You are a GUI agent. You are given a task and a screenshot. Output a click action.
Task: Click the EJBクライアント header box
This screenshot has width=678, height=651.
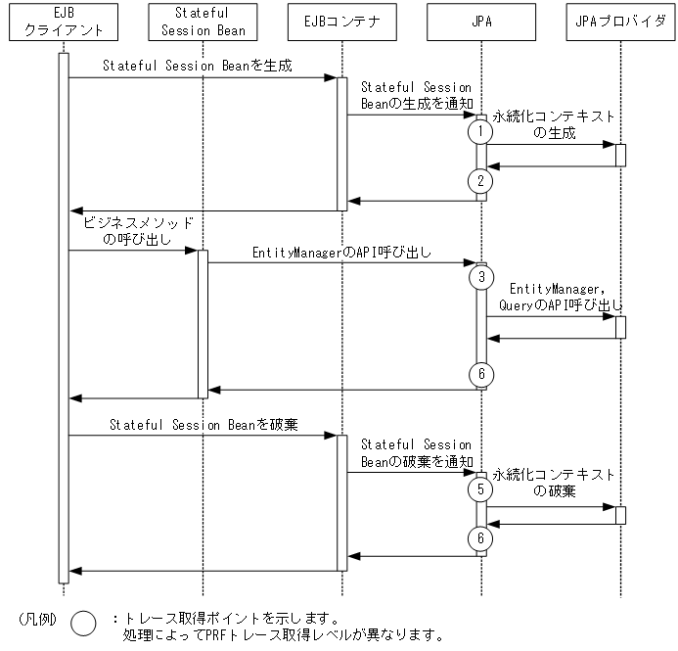click(63, 23)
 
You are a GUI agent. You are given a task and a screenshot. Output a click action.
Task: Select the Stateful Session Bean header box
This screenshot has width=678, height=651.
click(203, 23)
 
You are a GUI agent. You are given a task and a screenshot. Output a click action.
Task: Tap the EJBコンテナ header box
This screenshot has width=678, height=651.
click(341, 23)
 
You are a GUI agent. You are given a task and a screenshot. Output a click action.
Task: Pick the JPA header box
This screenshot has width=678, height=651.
click(481, 23)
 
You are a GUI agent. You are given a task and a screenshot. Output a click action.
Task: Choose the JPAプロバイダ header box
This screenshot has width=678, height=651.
click(620, 23)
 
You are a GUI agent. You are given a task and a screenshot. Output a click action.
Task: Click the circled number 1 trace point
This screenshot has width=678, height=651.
click(480, 130)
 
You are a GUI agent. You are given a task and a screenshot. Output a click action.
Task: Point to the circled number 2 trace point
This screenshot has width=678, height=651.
click(480, 181)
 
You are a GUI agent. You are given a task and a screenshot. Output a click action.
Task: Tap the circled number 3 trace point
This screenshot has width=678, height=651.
click(480, 277)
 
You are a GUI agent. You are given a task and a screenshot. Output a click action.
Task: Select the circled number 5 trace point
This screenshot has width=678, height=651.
click(480, 488)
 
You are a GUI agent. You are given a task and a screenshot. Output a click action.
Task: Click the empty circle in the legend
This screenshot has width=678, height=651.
click(85, 624)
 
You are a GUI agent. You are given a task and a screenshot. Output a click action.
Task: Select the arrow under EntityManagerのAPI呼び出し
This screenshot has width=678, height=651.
click(341, 262)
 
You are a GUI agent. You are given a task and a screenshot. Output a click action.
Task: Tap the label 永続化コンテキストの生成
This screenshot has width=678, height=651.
click(554, 123)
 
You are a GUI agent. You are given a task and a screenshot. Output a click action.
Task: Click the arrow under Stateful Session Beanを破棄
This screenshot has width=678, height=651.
click(203, 437)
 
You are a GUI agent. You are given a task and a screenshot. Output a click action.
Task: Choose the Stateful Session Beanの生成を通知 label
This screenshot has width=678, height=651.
click(416, 96)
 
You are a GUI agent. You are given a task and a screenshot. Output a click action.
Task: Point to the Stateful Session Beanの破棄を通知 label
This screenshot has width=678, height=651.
click(416, 453)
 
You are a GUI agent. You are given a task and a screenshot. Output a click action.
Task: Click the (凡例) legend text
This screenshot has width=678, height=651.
click(38, 619)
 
